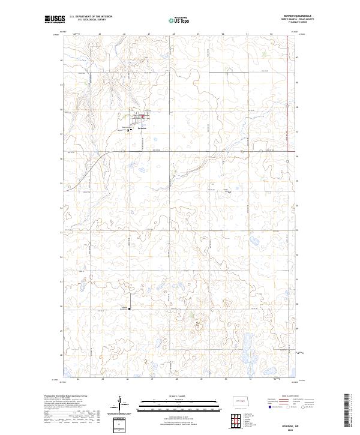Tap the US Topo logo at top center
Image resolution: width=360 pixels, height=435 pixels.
coord(179,20)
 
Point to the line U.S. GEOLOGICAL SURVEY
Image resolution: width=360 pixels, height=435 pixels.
coord(88,20)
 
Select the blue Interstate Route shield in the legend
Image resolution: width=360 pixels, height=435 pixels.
coord(269,406)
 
